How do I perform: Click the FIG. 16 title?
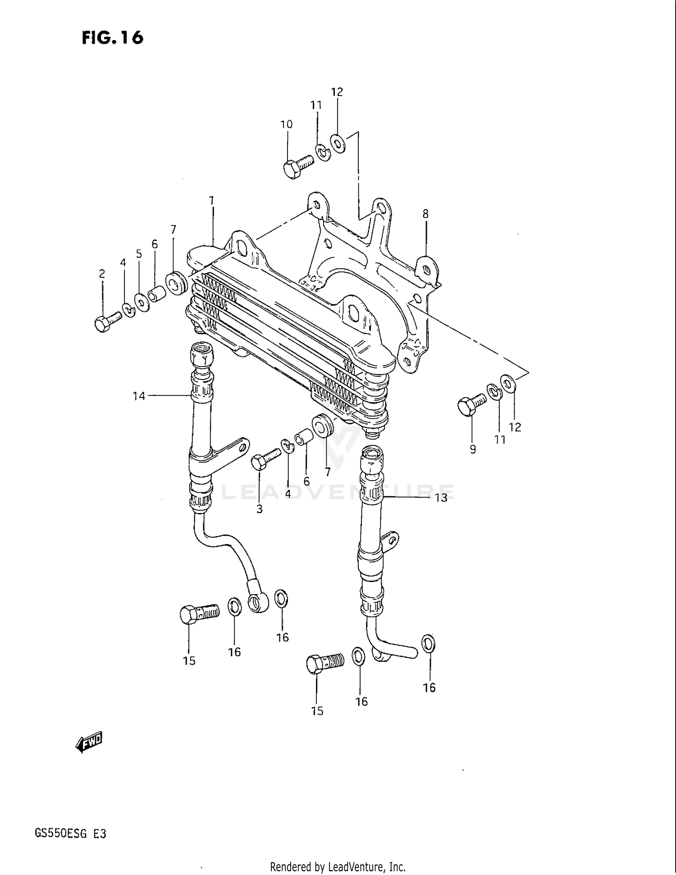pos(112,37)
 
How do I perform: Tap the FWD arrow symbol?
pos(89,742)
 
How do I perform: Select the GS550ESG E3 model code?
pos(70,834)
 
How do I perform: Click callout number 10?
pos(287,124)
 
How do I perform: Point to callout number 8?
pos(425,214)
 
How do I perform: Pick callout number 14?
pos(139,396)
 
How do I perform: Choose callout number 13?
pos(441,498)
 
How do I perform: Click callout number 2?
pos(102,274)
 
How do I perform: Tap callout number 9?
pos(473,449)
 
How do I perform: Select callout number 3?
pos(260,509)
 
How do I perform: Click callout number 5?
pos(139,254)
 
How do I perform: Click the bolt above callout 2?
pos(107,322)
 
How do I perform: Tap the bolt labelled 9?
pos(471,403)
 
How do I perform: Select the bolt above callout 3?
pos(265,459)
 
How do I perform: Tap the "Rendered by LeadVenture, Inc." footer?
pos(338,866)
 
